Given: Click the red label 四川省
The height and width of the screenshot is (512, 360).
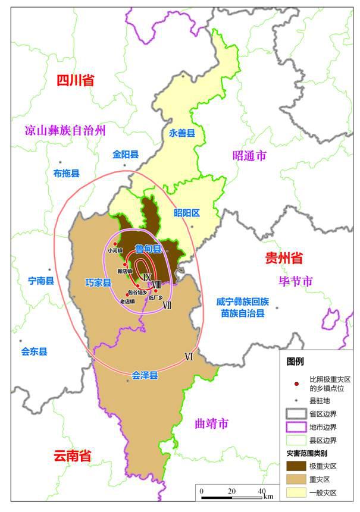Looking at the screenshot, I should click(x=75, y=81).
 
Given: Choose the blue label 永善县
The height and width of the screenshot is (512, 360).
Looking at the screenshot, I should click(x=182, y=134).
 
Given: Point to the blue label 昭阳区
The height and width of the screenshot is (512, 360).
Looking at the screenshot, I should click(x=186, y=212).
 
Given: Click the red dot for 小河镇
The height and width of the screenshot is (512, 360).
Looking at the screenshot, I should click(x=115, y=244).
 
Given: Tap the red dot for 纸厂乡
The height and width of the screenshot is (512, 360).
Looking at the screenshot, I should click(x=156, y=291).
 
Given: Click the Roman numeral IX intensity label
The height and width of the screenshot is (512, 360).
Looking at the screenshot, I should click(x=147, y=278).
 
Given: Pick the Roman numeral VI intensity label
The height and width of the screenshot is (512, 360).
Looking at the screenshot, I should click(x=189, y=357).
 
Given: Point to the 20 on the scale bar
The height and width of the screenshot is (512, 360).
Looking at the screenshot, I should click(x=231, y=491).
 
